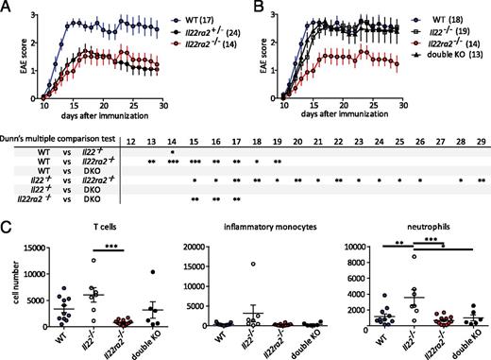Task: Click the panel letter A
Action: (x=7, y=8)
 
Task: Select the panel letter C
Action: (x=7, y=227)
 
